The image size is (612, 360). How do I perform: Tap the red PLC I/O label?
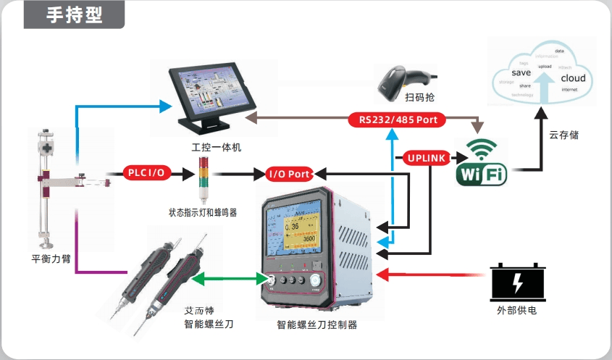(x=146, y=172)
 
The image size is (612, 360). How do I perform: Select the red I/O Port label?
(x=290, y=174)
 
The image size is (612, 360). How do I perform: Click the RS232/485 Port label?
(x=398, y=120)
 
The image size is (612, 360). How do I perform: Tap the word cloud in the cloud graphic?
(x=573, y=78)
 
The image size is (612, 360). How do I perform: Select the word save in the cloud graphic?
(x=521, y=73)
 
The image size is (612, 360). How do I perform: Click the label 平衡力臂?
(x=51, y=258)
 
